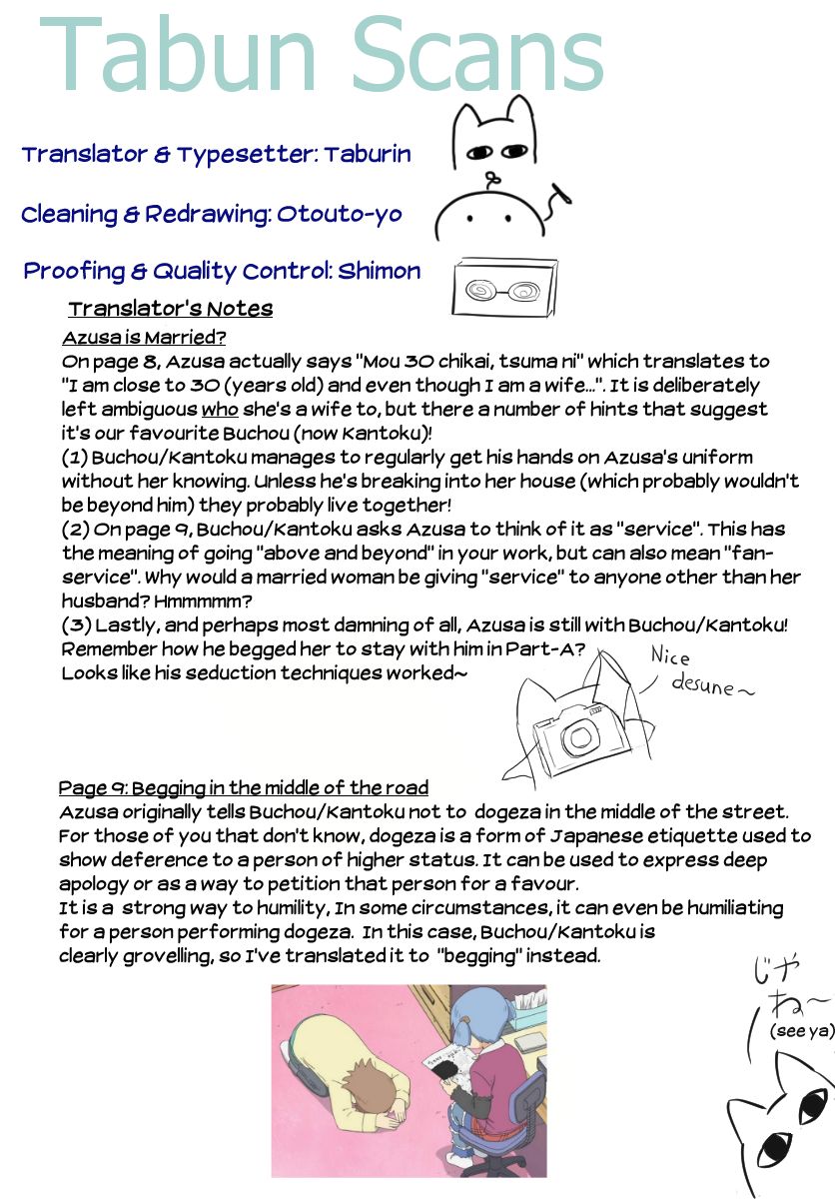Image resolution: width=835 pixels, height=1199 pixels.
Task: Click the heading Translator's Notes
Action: [170, 309]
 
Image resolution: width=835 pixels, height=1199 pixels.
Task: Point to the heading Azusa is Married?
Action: [144, 338]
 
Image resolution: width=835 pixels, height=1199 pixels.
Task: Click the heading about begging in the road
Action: [243, 787]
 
